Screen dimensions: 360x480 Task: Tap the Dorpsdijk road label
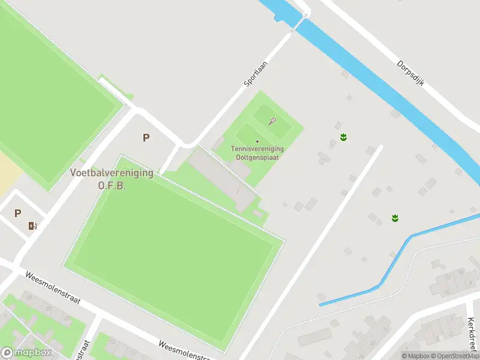[410, 73]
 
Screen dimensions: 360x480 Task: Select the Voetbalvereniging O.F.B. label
[112, 179]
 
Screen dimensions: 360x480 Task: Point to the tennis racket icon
[272, 121]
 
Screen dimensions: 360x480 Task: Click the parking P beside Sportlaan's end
[146, 137]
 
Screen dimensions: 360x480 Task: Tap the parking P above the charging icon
[17, 213]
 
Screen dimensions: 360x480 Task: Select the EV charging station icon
[32, 226]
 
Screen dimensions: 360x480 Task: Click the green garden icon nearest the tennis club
[343, 137]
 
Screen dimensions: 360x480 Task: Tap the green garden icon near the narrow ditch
[395, 217]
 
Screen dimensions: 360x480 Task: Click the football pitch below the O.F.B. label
[174, 252]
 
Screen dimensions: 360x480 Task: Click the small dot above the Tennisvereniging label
[257, 142]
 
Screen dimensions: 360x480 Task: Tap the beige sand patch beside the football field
[8, 171]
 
